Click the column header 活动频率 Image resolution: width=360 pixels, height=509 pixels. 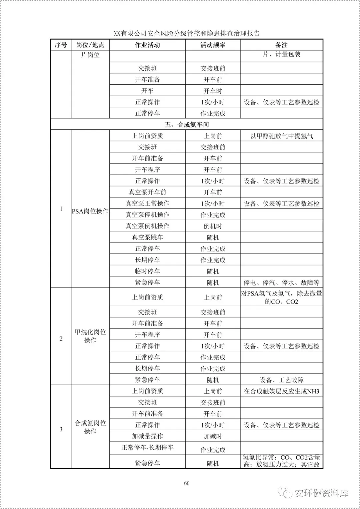pyautogui.click(x=213, y=45)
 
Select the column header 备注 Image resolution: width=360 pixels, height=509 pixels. pyautogui.click(x=281, y=45)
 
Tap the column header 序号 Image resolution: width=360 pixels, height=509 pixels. pyautogui.click(x=61, y=45)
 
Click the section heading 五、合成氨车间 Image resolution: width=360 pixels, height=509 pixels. pyautogui.click(x=187, y=124)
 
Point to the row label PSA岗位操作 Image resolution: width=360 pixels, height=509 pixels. pyautogui.click(x=90, y=211)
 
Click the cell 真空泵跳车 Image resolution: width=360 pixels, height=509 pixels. pyautogui.click(x=147, y=237)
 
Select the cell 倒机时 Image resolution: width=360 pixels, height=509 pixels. pyautogui.click(x=213, y=226)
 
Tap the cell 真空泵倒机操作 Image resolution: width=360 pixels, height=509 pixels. pyautogui.click(x=147, y=226)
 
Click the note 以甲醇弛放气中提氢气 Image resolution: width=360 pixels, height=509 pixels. pyautogui.click(x=281, y=136)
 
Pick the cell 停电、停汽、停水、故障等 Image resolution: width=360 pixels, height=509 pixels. pyautogui.click(x=281, y=283)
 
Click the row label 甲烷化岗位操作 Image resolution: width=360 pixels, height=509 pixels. pyautogui.click(x=90, y=336)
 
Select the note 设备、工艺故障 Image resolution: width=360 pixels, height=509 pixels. pyautogui.click(x=281, y=380)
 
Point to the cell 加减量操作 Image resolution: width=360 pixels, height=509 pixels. pyautogui.click(x=147, y=436)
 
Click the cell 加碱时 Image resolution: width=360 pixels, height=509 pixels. pyautogui.click(x=213, y=436)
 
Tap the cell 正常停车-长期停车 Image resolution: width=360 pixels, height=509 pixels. pyautogui.click(x=147, y=448)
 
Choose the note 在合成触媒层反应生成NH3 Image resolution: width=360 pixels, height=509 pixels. pyautogui.click(x=281, y=391)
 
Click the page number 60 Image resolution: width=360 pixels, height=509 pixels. pyautogui.click(x=187, y=483)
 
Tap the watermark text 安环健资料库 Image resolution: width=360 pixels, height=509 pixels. pyautogui.click(x=321, y=493)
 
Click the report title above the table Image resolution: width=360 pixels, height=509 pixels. pyautogui.click(x=187, y=33)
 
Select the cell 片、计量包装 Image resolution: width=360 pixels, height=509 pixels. pyautogui.click(x=281, y=54)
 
